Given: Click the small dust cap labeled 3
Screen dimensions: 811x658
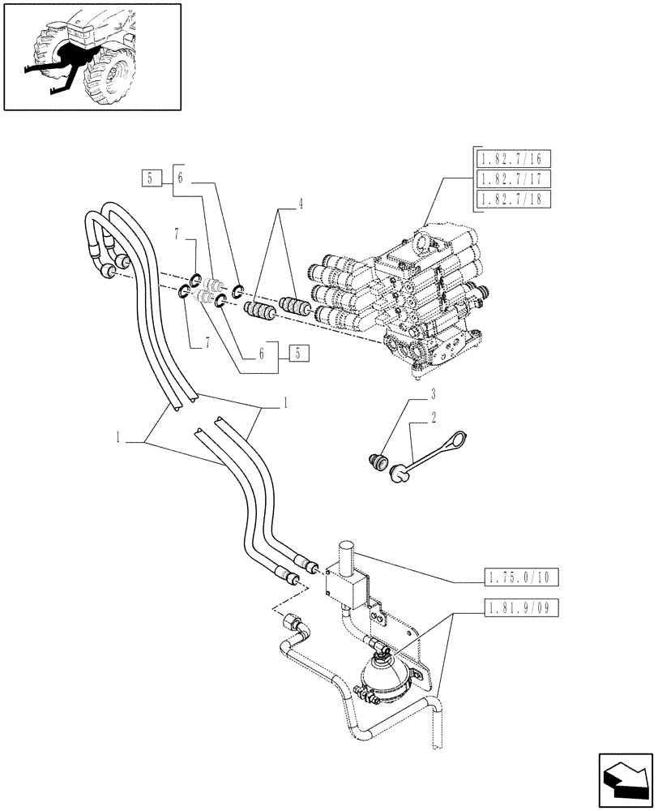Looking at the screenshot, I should click(374, 463).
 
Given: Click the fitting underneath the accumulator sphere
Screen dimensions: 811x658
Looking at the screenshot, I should click(370, 693).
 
